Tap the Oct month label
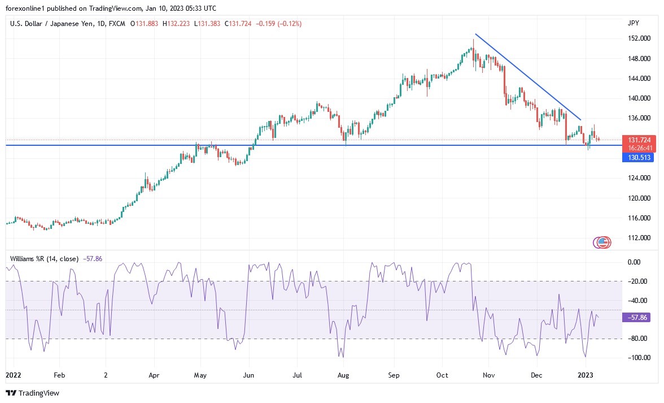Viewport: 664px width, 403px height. tap(443, 375)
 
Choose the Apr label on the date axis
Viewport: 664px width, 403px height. tap(154, 375)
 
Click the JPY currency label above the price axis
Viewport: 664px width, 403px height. tap(633, 23)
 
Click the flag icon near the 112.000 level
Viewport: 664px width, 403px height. tap(603, 242)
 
